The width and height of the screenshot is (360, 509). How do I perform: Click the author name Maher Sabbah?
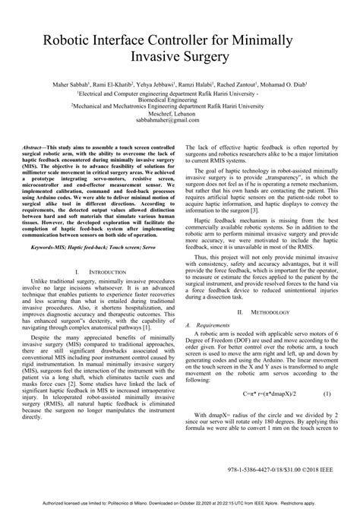point(73,84)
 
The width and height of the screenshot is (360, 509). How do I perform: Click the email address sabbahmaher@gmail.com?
point(179,120)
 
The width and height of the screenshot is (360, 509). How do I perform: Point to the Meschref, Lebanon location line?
point(179,113)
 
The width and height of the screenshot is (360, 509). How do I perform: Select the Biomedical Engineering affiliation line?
point(179,99)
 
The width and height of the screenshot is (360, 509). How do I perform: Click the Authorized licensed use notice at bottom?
point(179,503)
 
